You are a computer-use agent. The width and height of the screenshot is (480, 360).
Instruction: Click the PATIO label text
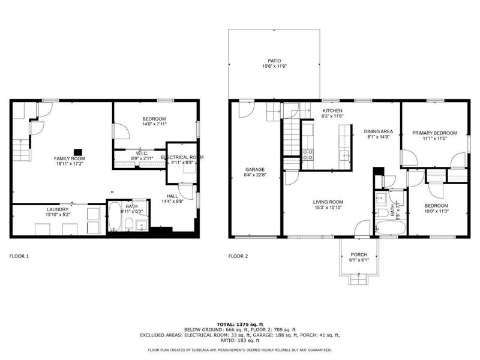coord(274,61)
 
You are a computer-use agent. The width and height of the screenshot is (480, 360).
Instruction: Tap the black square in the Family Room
coord(77,152)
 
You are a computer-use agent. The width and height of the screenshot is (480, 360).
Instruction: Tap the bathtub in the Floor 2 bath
coord(391,227)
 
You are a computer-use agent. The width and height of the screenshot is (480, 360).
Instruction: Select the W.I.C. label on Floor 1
coord(142,153)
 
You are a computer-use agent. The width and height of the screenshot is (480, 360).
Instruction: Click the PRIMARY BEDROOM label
coord(434,133)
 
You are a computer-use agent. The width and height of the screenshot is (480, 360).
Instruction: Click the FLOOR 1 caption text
coord(19,256)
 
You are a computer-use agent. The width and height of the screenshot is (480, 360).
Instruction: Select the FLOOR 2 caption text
coord(238,256)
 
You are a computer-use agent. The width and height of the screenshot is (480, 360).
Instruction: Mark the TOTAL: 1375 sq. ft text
coord(239,324)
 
